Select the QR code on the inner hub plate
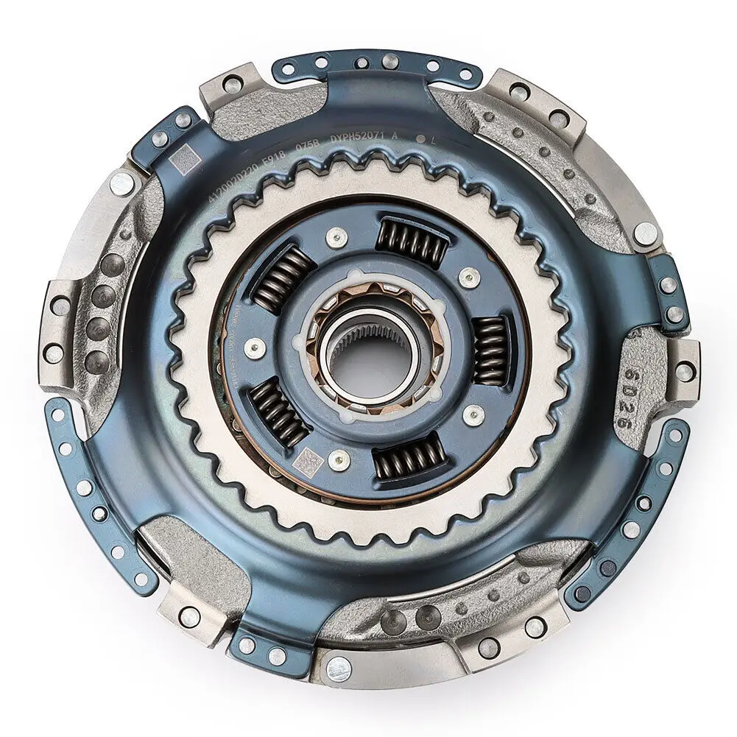click(x=308, y=462)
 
